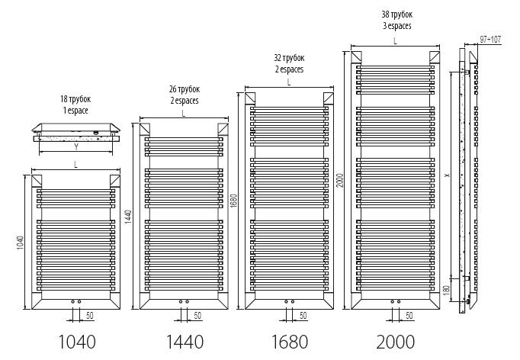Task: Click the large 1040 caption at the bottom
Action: (x=76, y=340)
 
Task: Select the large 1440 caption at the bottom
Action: (x=183, y=340)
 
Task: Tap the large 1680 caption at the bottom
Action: (x=288, y=340)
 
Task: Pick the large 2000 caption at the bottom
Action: (x=394, y=340)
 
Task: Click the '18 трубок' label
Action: (x=75, y=100)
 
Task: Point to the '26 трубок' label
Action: (x=185, y=89)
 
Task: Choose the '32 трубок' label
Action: (x=289, y=58)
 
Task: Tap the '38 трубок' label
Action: (x=396, y=14)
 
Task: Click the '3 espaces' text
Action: (x=396, y=26)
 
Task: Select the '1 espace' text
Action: (x=75, y=111)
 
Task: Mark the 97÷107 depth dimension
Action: (x=490, y=39)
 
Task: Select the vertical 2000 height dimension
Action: (x=341, y=179)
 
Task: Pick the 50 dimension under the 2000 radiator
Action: (x=409, y=316)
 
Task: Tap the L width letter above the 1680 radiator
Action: (x=289, y=82)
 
